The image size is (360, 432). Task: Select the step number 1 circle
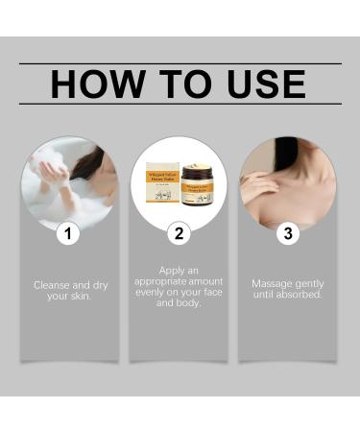[x=67, y=232]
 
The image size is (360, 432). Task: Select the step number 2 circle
[x=179, y=232]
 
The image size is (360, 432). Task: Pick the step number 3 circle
[x=287, y=232]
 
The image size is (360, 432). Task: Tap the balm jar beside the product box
[x=197, y=184]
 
